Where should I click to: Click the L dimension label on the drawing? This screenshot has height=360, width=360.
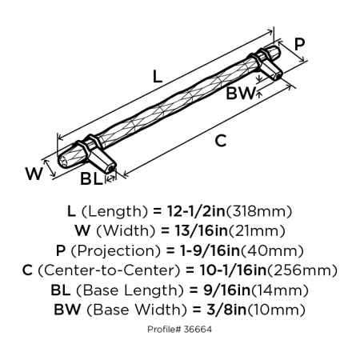[158, 78]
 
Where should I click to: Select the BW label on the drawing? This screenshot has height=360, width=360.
[241, 94]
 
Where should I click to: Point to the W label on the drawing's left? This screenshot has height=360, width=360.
[33, 174]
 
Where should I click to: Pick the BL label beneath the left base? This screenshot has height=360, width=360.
[90, 180]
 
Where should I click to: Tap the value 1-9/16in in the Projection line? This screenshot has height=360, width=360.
[214, 250]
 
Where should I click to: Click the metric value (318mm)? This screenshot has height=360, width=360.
[262, 212]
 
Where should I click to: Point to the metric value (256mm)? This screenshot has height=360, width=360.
[308, 270]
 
